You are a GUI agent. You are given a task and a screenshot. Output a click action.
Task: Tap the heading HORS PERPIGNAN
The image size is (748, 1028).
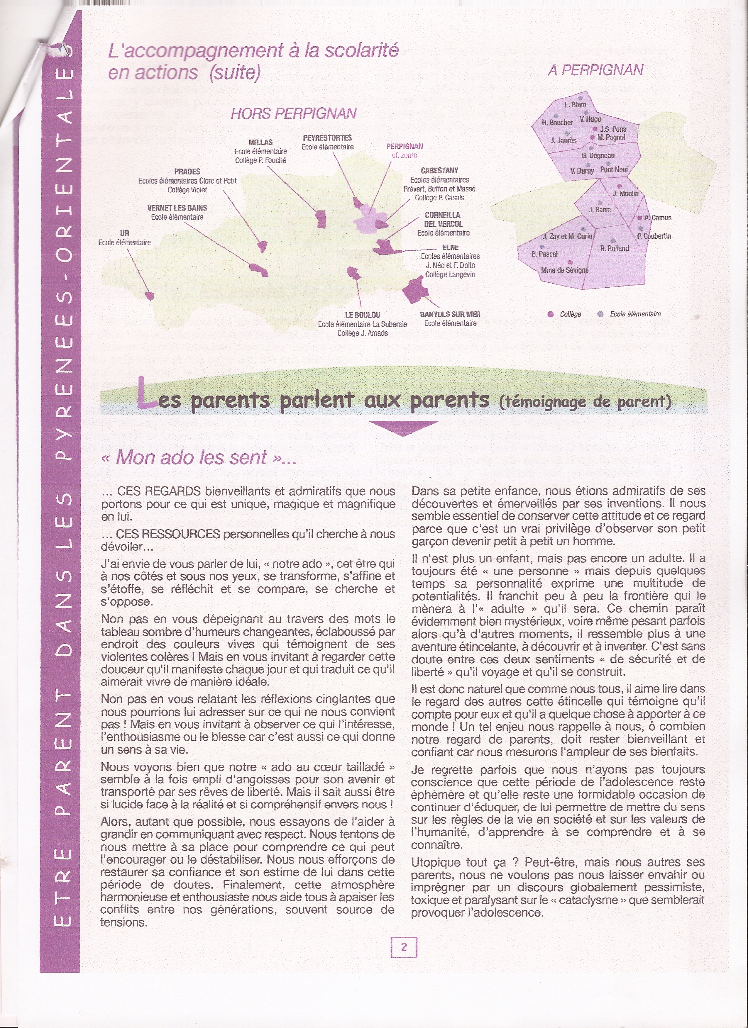tap(294, 113)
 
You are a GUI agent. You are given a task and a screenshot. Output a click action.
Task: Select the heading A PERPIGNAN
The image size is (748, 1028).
tap(596, 70)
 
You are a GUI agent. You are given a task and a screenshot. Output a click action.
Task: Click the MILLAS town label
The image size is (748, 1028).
tap(261, 142)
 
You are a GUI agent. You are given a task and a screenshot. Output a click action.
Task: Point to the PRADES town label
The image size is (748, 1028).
tap(187, 172)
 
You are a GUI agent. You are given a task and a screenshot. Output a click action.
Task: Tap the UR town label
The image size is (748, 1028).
tap(125, 233)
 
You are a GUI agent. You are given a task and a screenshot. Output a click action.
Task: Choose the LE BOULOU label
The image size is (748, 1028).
tap(363, 315)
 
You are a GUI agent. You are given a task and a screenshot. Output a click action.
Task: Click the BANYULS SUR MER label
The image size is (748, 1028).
tap(450, 314)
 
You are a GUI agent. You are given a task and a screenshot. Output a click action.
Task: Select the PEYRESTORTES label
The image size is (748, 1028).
tap(327, 138)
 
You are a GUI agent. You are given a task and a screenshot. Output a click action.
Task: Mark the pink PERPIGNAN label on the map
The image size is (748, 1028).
tap(405, 146)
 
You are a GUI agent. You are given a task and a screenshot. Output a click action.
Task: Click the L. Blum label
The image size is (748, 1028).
tap(575, 105)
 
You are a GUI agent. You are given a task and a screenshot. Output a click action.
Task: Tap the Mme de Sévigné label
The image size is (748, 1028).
tap(565, 270)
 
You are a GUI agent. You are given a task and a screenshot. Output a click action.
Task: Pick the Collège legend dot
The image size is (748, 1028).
tap(551, 314)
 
